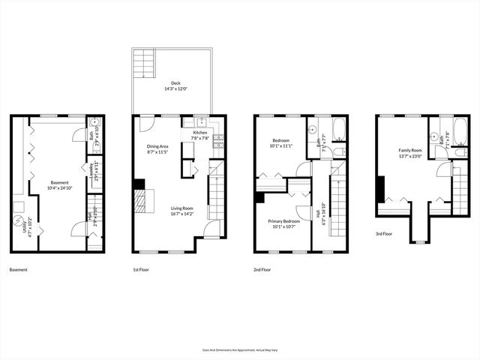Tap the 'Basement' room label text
pos(59,182)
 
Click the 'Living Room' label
pos(182,210)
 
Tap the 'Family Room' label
pos(410,152)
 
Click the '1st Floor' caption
pos(139,269)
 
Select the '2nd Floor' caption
pos(262,269)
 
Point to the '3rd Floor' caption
pos(384,234)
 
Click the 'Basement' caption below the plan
pos(19,269)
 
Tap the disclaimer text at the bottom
pos(239,349)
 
